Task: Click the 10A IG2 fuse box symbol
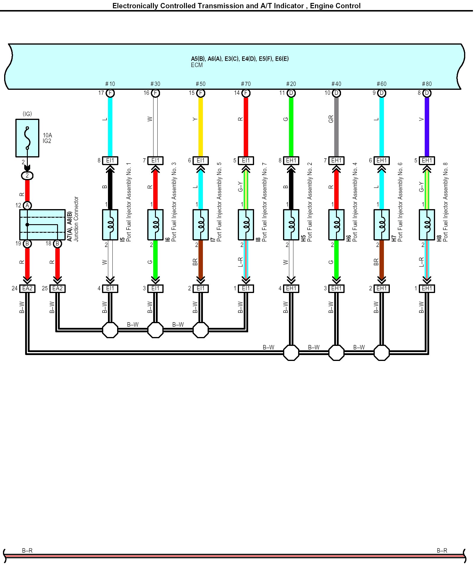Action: [x=27, y=138]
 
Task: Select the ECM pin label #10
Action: [x=110, y=84]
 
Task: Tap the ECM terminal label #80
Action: [x=427, y=84]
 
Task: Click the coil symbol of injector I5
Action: [x=110, y=225]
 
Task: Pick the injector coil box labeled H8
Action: [x=427, y=225]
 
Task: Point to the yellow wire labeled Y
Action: [x=201, y=127]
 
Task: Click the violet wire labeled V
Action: [x=427, y=127]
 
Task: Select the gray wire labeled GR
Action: [x=336, y=127]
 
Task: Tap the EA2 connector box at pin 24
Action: [x=27, y=289]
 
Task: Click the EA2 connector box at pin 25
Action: [x=57, y=289]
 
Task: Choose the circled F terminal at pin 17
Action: [x=110, y=93]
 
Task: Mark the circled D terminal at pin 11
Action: [x=291, y=93]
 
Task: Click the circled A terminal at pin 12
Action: [x=27, y=206]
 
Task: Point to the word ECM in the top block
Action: [x=197, y=65]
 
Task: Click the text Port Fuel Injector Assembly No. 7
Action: [x=264, y=202]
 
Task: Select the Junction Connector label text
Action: [x=76, y=219]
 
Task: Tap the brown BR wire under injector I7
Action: [x=201, y=260]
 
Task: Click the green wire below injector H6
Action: [x=336, y=260]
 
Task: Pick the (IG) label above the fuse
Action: [x=27, y=114]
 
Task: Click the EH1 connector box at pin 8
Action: [x=291, y=161]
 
